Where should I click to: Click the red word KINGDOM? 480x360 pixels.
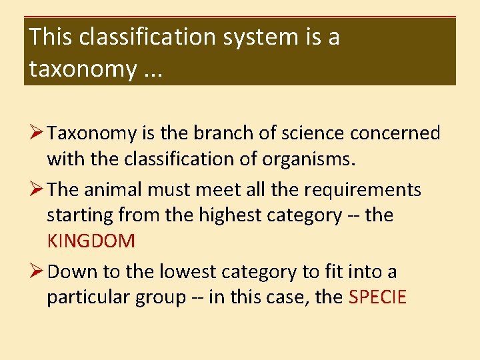pyautogui.click(x=91, y=241)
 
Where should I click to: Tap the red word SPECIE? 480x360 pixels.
pyautogui.click(x=377, y=297)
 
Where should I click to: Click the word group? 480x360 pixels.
pyautogui.click(x=160, y=297)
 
